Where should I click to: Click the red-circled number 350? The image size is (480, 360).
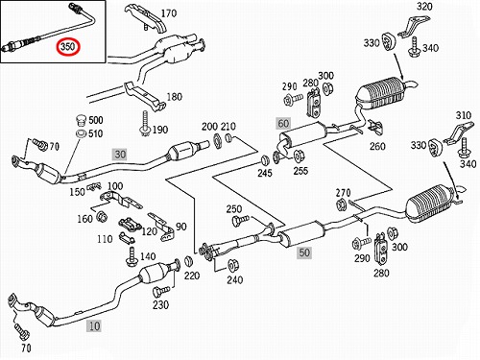[67, 47]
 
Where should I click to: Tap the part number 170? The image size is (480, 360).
[168, 13]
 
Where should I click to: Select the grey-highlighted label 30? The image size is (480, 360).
[120, 155]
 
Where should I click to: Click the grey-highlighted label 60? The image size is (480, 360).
[283, 123]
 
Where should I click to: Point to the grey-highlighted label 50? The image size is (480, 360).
[304, 252]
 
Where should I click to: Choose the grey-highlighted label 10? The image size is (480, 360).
[94, 326]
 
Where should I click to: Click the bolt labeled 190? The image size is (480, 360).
[145, 123]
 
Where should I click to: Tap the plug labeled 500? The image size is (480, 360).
[82, 121]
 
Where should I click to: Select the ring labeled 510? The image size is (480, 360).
[82, 133]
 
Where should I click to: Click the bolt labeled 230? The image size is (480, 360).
[161, 291]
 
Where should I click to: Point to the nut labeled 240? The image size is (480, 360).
[233, 266]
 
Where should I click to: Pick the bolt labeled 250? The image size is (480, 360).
[240, 220]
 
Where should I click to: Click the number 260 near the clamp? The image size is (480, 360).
[377, 146]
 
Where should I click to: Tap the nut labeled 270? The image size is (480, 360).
[341, 204]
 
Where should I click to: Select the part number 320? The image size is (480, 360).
[424, 7]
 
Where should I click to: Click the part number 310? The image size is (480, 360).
[464, 115]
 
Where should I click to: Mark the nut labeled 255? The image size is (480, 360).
[299, 156]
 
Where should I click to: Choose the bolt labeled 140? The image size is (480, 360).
[132, 256]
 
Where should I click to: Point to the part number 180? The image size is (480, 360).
[175, 97]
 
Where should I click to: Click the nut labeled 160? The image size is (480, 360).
[102, 217]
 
